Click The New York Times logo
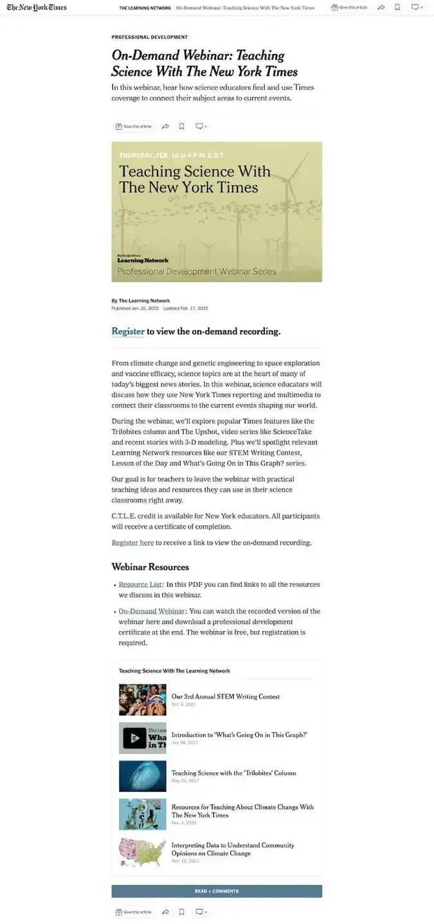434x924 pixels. click(37, 8)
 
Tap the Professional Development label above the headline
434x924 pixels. click(149, 37)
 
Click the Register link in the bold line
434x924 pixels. click(128, 331)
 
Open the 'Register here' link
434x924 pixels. click(132, 542)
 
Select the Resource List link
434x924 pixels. click(140, 584)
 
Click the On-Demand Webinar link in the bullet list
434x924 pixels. click(152, 611)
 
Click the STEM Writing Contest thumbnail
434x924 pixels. click(142, 699)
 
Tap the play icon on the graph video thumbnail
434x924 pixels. click(134, 738)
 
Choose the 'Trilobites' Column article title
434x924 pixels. click(233, 773)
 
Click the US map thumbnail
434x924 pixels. click(142, 852)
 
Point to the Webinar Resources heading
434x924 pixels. click(150, 567)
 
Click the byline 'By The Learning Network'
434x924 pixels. click(140, 300)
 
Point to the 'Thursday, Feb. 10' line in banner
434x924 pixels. click(172, 155)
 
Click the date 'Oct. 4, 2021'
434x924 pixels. click(183, 705)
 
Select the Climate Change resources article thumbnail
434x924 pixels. click(142, 814)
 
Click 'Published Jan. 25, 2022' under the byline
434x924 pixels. click(134, 308)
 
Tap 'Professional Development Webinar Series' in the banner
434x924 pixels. click(196, 271)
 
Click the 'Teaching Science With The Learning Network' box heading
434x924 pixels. click(174, 670)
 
